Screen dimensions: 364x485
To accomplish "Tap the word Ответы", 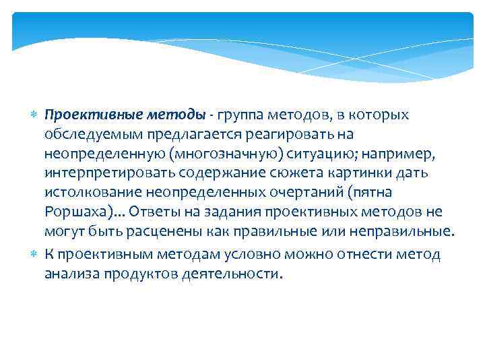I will click(153, 212).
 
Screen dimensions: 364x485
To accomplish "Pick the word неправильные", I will click(410, 232).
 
